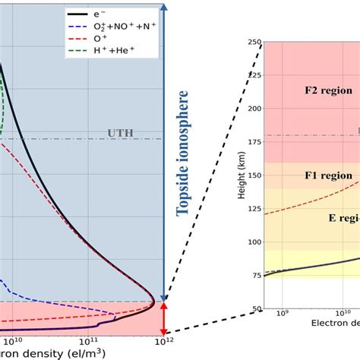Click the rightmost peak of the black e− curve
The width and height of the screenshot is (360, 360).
pos(154,304)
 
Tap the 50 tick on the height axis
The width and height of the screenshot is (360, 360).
pos(254,308)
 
